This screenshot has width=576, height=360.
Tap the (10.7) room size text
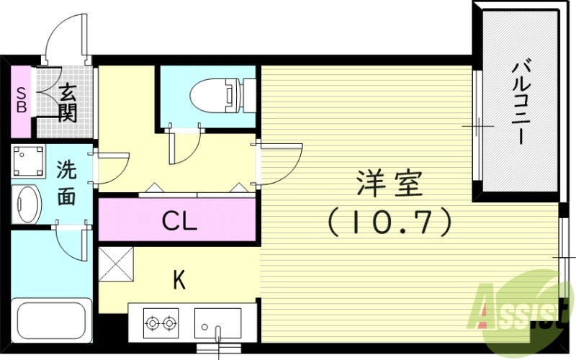click(x=390, y=222)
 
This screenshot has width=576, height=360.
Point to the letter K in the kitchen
click(x=178, y=279)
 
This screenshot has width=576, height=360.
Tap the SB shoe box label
click(x=22, y=101)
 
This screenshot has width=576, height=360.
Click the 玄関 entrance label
click(x=67, y=103)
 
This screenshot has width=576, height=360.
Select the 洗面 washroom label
click(x=66, y=184)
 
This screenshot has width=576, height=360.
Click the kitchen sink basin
click(x=217, y=321)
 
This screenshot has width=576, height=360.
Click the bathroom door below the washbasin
click(x=72, y=243)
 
